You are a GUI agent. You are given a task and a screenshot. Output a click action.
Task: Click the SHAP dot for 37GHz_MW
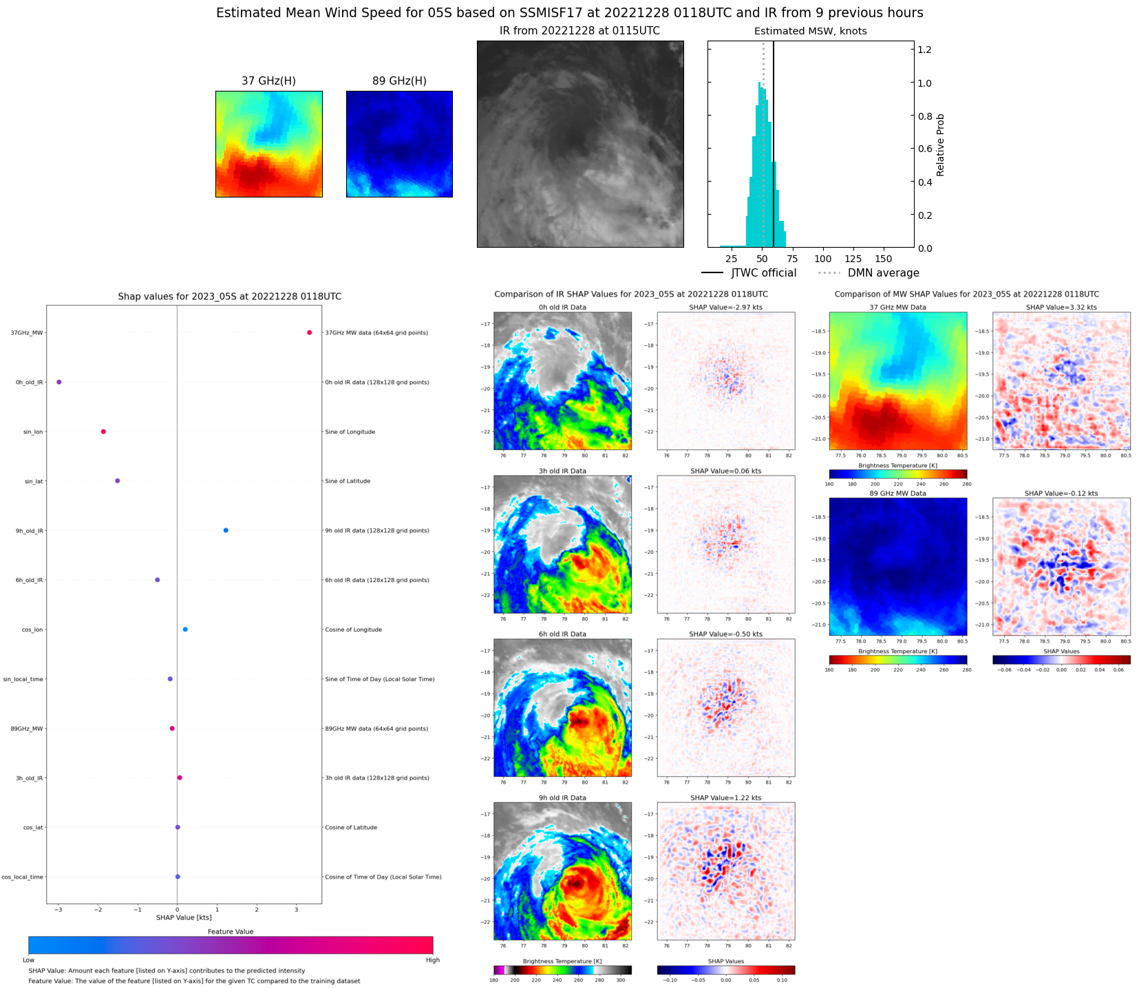[x=309, y=333]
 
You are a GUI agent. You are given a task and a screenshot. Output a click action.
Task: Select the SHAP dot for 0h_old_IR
[x=59, y=382]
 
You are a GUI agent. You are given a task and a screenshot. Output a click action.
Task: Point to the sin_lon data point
[x=103, y=431]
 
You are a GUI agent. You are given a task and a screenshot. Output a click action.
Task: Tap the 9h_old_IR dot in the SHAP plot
[x=226, y=530]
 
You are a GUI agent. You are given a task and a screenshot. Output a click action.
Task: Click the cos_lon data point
[x=185, y=630]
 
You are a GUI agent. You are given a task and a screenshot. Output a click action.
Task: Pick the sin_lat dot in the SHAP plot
[x=118, y=481]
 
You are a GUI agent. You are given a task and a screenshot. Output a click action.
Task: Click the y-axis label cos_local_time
[x=22, y=877]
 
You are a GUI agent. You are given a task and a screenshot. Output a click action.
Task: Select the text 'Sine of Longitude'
[x=350, y=432]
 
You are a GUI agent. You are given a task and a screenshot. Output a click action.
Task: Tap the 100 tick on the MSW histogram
[x=822, y=259]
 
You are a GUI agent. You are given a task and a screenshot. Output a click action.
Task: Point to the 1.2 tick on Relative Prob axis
[x=924, y=50]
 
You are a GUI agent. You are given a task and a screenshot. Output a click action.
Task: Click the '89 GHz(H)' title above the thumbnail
[x=399, y=81]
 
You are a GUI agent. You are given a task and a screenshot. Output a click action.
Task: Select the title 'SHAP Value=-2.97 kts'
[x=725, y=308]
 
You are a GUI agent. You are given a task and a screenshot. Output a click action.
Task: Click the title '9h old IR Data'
[x=562, y=798]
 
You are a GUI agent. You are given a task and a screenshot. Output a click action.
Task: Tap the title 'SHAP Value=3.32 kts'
[x=1061, y=308]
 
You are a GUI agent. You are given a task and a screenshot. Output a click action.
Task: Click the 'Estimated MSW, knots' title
[x=810, y=31]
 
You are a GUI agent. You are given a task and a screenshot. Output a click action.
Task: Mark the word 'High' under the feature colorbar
[x=432, y=960]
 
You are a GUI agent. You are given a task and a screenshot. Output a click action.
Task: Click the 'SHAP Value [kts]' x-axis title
[x=184, y=917]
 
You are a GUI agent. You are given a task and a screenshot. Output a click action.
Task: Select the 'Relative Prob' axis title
[x=940, y=144]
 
